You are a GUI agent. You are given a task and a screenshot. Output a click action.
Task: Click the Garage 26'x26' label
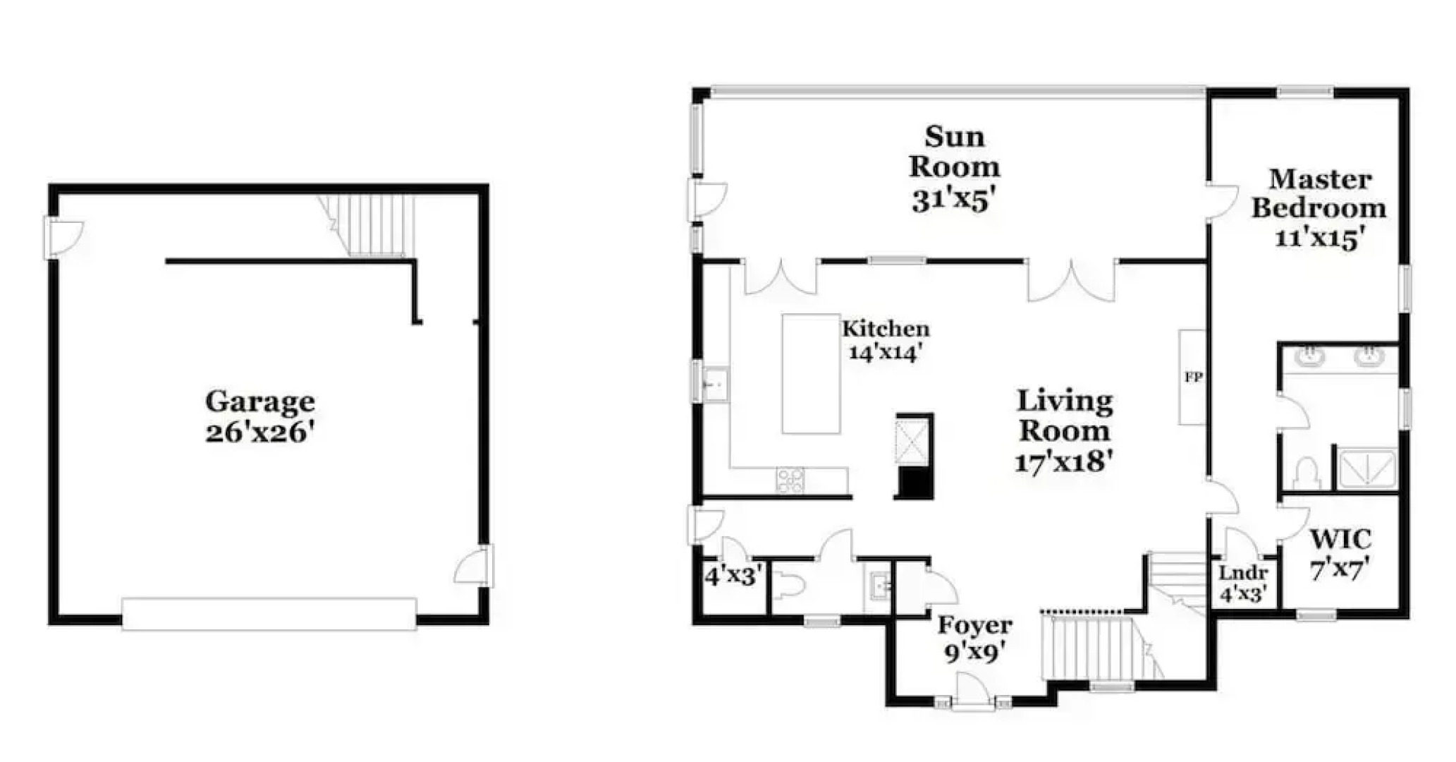(x=259, y=416)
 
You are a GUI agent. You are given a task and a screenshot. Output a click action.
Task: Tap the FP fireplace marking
(x=1193, y=377)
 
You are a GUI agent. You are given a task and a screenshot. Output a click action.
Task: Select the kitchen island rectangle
(x=811, y=374)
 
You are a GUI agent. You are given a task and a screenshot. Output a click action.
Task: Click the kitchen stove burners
(x=790, y=480)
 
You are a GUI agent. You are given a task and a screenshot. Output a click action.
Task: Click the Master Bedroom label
(x=1319, y=194)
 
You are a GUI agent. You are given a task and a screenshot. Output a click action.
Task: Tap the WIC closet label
(x=1340, y=540)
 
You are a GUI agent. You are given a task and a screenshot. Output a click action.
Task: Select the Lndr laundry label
(x=1243, y=574)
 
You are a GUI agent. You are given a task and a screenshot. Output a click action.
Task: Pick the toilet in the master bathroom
(x=1307, y=473)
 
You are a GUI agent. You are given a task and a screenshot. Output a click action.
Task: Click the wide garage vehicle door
(x=269, y=614)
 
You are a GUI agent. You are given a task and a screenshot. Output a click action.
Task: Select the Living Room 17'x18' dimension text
(x=1064, y=462)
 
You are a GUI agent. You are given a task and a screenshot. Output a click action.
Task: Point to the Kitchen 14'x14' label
(x=886, y=340)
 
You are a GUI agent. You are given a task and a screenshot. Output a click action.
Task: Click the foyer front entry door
(x=974, y=691)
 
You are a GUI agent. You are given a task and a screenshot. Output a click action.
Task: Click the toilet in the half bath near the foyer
(x=790, y=585)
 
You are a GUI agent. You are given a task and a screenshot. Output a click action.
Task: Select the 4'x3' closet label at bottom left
(x=733, y=576)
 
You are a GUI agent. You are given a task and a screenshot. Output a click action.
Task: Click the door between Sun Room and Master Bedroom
(x=1222, y=201)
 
